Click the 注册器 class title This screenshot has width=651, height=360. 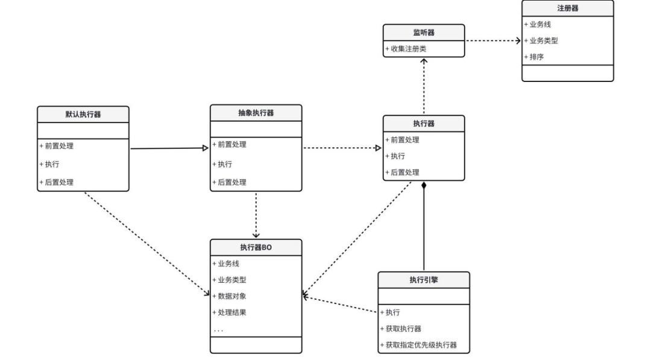(567, 8)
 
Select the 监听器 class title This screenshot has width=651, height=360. (424, 33)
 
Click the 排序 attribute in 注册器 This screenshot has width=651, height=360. (537, 57)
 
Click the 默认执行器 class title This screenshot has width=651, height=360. (83, 114)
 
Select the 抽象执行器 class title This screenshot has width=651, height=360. (256, 113)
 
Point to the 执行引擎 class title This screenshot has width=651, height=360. (424, 280)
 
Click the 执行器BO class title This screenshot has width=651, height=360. (256, 247)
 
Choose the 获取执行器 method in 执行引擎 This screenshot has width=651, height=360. (401, 329)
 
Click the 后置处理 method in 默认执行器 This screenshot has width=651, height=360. (57, 182)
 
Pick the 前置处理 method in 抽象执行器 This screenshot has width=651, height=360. (230, 145)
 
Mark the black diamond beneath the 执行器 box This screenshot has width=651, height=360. (424, 185)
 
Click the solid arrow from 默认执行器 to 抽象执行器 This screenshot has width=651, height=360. (169, 148)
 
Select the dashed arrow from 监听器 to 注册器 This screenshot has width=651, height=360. (492, 41)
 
